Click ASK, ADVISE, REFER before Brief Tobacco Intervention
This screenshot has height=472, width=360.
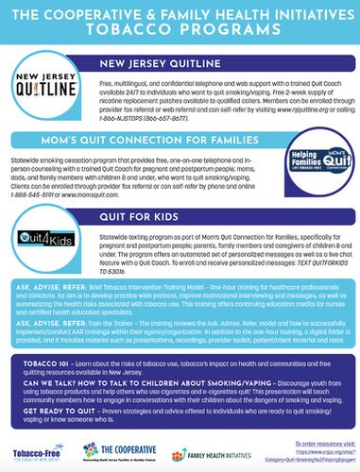point(45,284)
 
